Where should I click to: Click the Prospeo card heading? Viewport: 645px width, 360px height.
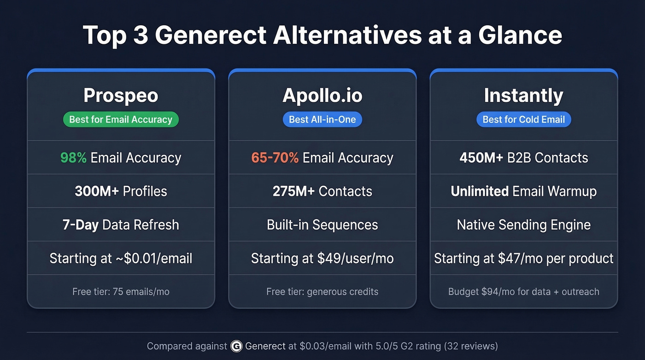point(121,96)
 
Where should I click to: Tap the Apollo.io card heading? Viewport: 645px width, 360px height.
point(322,96)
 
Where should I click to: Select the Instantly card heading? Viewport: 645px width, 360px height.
point(523,96)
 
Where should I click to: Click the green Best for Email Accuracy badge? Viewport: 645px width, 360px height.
point(121,119)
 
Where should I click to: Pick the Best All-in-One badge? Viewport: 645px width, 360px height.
point(322,119)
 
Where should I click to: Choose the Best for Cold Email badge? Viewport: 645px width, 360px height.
point(523,119)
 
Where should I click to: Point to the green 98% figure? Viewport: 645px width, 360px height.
point(73,158)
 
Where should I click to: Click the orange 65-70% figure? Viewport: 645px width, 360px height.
point(275,158)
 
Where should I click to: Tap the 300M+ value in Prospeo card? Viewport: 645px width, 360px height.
point(97,191)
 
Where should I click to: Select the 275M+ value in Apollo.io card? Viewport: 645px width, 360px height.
point(293,191)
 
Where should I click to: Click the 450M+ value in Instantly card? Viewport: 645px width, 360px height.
point(481,158)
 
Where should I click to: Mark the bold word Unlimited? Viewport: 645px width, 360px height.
point(480,191)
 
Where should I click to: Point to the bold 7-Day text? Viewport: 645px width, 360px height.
point(80,225)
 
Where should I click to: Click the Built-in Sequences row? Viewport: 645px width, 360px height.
point(322,225)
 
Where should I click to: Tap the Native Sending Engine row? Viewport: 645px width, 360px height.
point(523,225)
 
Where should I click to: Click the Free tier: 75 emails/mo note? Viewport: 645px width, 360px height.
point(121,292)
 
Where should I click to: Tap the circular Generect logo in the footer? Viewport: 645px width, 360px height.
point(236,346)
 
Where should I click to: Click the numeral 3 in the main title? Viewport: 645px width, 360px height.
point(141,35)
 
